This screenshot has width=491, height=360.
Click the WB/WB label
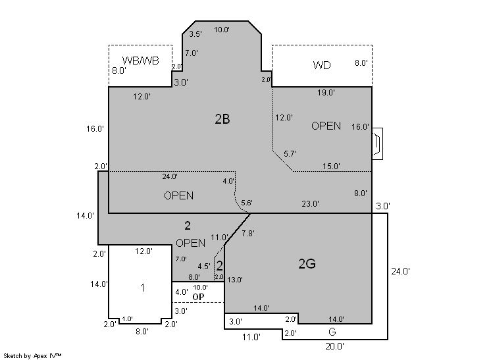pos(141,61)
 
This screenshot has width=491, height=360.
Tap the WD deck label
pos(322,65)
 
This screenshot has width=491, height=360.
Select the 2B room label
pos(222,119)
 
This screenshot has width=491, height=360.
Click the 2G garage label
pos(307,264)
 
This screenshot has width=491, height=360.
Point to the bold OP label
pos(198,297)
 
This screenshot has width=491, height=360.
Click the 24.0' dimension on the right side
pos(401,270)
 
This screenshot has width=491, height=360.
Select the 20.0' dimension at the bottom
pos(334,346)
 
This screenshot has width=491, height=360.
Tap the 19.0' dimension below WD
pos(326,93)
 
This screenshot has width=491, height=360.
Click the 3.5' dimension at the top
pos(195,34)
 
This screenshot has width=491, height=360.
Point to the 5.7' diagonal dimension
pos(290,153)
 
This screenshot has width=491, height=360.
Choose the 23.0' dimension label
pos(310,204)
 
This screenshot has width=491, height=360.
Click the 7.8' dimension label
pos(248,234)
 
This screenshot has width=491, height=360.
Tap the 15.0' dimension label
pos(331,167)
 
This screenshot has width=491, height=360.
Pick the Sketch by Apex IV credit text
pos(33,355)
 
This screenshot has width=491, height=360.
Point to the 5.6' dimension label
pos(247,202)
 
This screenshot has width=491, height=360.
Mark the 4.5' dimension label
pos(204,267)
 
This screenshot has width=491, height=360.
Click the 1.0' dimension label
pos(127,319)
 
